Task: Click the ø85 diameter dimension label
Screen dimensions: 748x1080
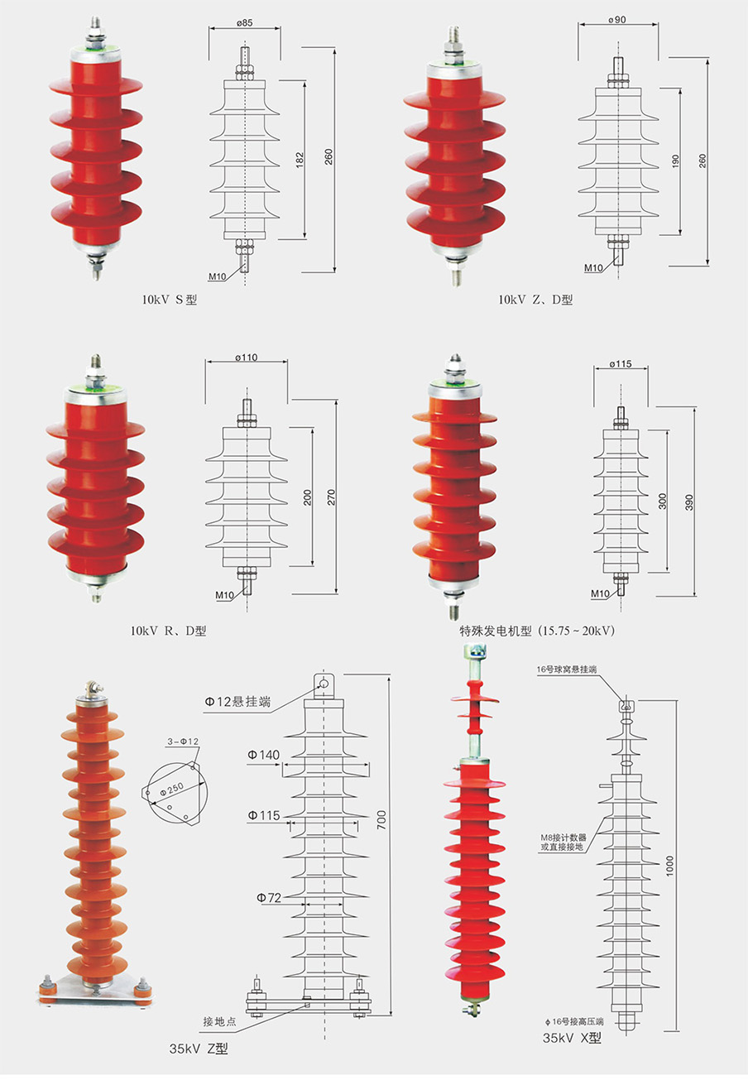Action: click(244, 22)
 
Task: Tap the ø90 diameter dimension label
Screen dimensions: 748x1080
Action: click(617, 20)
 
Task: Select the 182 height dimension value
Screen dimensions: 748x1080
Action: click(300, 160)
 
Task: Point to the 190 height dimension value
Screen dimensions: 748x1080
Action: click(674, 161)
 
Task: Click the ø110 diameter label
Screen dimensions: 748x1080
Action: click(247, 358)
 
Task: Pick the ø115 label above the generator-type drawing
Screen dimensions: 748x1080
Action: click(621, 364)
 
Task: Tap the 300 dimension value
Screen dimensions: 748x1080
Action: click(663, 501)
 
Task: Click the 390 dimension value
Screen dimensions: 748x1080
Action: click(689, 502)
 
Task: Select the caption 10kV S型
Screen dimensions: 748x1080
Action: click(169, 300)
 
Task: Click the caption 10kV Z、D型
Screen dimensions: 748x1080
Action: click(535, 300)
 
